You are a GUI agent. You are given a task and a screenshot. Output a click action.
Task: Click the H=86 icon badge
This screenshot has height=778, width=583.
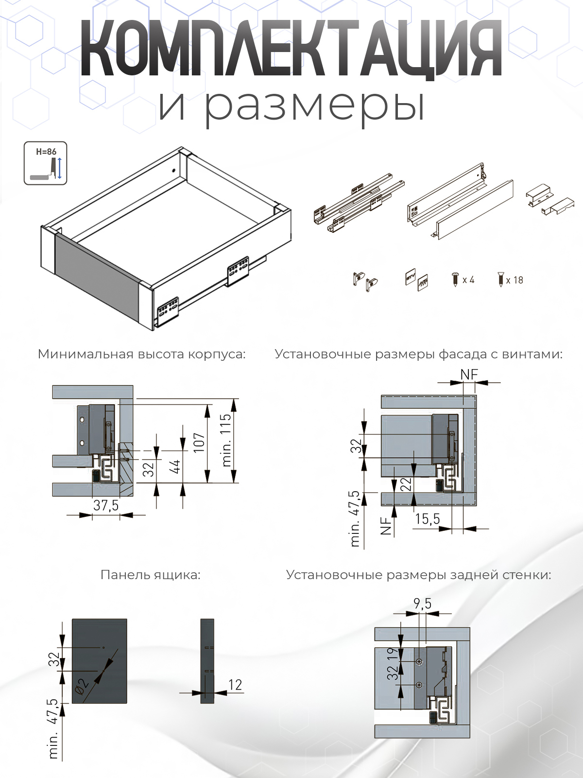[x=45, y=163]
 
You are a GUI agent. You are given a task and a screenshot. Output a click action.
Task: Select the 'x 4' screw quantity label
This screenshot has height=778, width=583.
[x=468, y=280]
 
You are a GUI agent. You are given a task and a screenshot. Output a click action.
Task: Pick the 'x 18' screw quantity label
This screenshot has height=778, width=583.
[x=514, y=281]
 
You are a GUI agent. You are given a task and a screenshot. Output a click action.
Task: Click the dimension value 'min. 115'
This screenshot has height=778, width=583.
[x=226, y=440]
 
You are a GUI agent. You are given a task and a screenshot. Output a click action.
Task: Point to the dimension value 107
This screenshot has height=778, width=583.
[x=199, y=442]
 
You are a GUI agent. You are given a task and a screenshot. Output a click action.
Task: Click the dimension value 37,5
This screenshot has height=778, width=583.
[x=106, y=505]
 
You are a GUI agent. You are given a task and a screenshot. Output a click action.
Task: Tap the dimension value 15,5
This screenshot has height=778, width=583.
[x=427, y=519]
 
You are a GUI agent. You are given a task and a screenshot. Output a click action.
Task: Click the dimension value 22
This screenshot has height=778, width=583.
[x=406, y=484]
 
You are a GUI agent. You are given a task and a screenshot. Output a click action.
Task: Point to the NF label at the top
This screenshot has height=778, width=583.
[x=469, y=374]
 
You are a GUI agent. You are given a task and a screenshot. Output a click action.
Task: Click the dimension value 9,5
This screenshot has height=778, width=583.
[x=422, y=603]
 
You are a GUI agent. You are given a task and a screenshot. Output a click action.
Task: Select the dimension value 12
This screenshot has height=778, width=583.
[x=235, y=685]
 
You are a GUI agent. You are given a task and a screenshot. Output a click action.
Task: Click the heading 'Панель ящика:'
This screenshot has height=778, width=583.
[x=150, y=575]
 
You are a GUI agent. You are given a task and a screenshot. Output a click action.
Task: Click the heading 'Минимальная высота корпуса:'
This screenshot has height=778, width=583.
[x=141, y=354]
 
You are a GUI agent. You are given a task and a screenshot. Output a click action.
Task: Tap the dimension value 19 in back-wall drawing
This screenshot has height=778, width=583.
[x=393, y=654]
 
